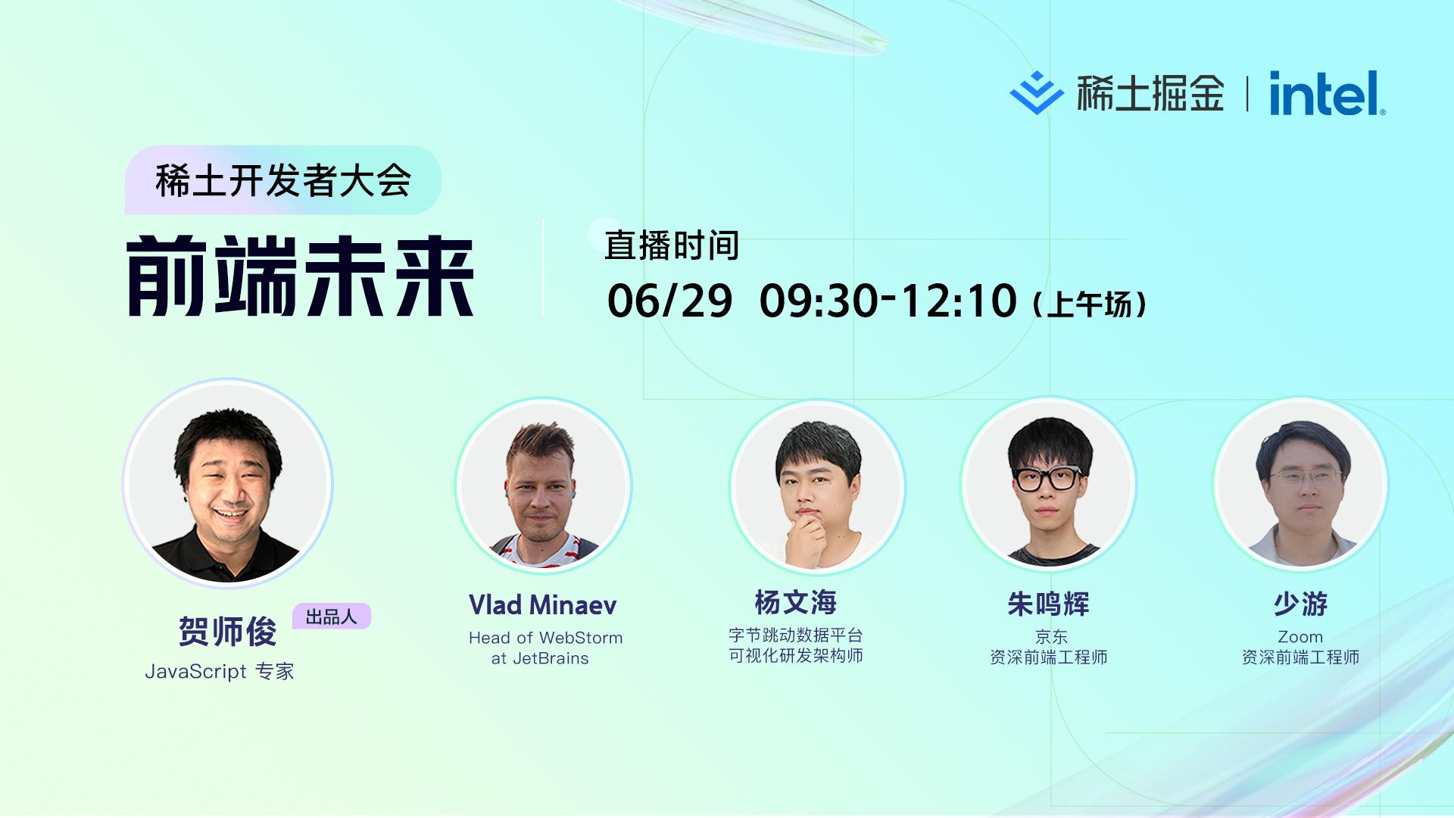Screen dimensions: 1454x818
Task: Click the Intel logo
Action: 1327,93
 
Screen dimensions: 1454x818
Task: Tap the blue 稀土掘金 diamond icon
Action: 1036,93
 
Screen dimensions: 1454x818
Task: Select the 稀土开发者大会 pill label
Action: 282,180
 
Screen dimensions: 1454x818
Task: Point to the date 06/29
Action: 669,301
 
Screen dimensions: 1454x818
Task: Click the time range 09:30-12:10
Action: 888,301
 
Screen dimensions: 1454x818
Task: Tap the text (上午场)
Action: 1090,304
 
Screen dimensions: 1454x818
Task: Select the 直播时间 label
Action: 672,245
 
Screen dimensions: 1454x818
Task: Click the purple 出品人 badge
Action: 332,617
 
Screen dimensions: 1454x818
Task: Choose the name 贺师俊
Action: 227,632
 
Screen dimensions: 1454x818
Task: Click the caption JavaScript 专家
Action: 220,671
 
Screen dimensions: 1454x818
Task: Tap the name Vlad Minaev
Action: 543,604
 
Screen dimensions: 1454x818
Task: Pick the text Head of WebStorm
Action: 545,638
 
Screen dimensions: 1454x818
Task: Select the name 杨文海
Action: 795,603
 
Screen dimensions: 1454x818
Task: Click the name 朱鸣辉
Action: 1048,604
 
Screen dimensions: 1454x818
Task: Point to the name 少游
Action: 1300,604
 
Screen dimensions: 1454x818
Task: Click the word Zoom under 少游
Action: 1300,637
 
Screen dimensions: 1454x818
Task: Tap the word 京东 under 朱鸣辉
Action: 1051,637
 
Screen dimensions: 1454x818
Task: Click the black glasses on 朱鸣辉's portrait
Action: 1048,478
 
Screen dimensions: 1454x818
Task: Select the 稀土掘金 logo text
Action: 1150,93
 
